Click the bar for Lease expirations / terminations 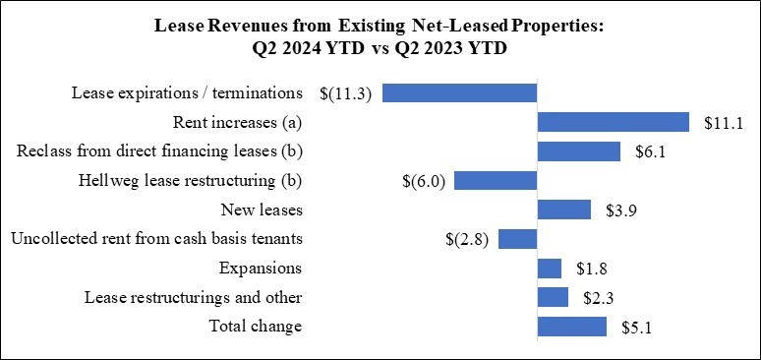click(459, 93)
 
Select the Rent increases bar click(614, 122)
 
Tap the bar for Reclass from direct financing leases click(579, 151)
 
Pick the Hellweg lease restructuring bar click(496, 181)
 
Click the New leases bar click(564, 210)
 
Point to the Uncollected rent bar click(517, 239)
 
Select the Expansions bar click(550, 269)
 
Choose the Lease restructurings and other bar click(553, 297)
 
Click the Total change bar click(572, 327)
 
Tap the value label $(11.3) click(346, 93)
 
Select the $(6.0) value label click(426, 181)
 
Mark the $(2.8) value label click(468, 239)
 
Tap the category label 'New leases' click(263, 210)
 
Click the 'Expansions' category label click(262, 269)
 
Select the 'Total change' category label click(257, 327)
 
